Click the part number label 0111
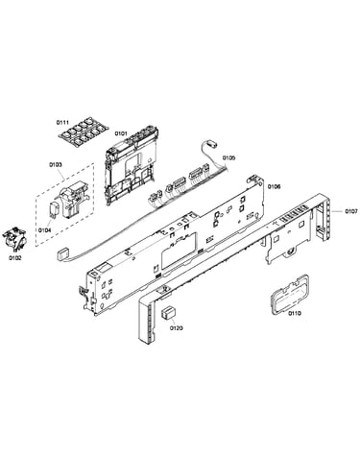coord(62,122)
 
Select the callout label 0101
coord(121,132)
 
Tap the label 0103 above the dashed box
coord(56,164)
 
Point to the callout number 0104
coord(44,229)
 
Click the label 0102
coord(14,258)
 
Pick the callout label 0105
coord(228,157)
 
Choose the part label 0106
coord(274,186)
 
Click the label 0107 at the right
coord(351,211)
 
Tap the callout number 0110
coord(295,313)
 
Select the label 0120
coord(177,328)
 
